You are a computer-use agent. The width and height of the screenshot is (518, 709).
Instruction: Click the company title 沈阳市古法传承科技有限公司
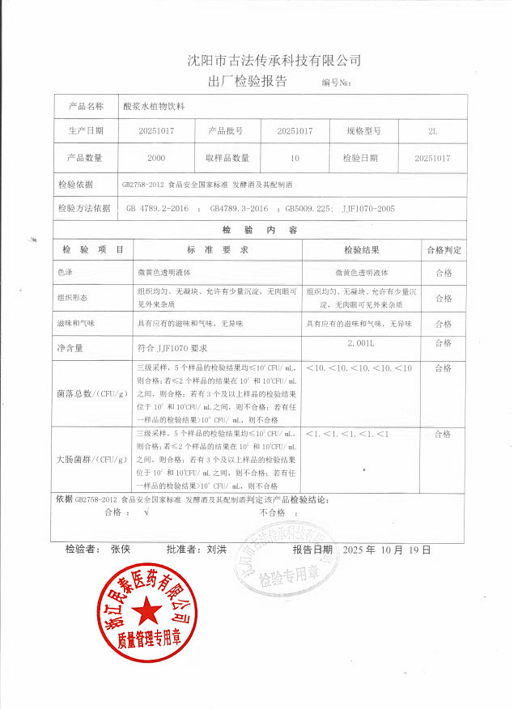coord(274,60)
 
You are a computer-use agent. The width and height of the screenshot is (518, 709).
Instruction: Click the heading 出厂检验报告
coord(248,81)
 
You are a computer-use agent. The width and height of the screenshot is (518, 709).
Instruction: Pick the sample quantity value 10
coord(295,158)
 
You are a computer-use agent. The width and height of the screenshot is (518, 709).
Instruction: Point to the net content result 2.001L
coord(362,343)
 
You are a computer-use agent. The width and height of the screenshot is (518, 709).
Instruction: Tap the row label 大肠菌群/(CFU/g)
coord(92,459)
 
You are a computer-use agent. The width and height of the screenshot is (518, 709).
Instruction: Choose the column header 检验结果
coord(362,250)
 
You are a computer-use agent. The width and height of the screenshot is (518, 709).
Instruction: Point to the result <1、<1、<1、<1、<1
coord(348,435)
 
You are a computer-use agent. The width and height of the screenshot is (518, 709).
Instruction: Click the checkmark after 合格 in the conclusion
coord(146,512)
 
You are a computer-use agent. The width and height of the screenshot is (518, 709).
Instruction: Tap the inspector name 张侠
coord(121,549)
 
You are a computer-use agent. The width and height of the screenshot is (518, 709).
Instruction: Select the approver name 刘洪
coord(217,549)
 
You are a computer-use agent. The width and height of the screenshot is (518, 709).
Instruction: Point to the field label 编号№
coord(335,83)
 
